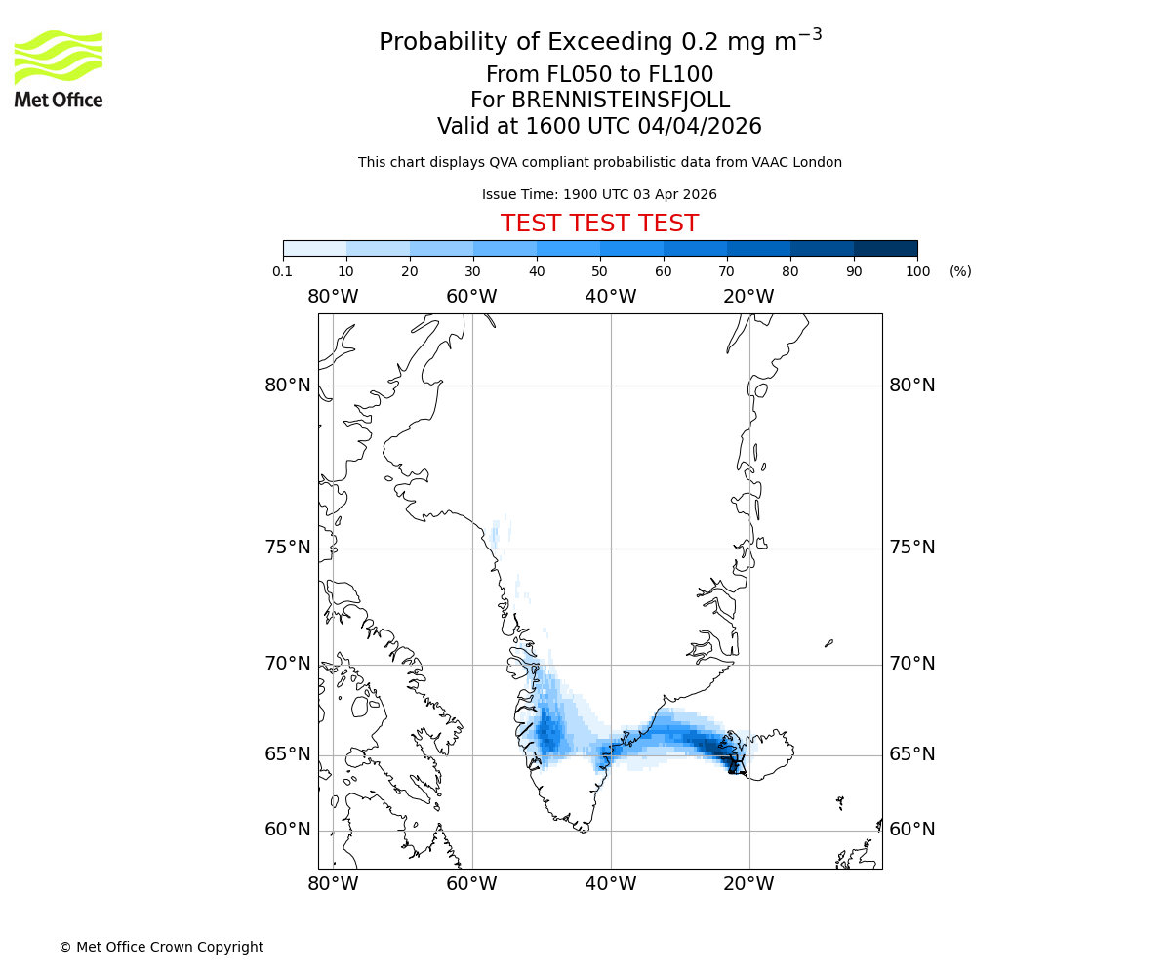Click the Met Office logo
tap(59, 68)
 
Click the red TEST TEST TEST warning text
tap(599, 224)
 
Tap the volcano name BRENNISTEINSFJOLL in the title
tap(599, 101)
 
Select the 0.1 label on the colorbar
tap(283, 271)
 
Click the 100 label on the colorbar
tap(917, 271)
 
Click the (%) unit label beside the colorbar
tap(960, 271)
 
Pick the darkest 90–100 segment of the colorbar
tap(885, 248)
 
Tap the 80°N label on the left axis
tap(288, 386)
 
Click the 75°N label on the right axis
tap(911, 548)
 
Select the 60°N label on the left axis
tap(288, 830)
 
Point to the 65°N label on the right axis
tap(911, 754)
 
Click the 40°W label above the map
tap(611, 297)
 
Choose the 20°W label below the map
tap(748, 884)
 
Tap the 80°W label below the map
tap(333, 884)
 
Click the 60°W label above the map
tap(471, 297)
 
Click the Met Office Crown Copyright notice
tap(161, 947)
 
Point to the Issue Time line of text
tap(599, 194)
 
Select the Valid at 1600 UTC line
tap(599, 127)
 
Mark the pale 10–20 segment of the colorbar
tap(378, 248)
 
